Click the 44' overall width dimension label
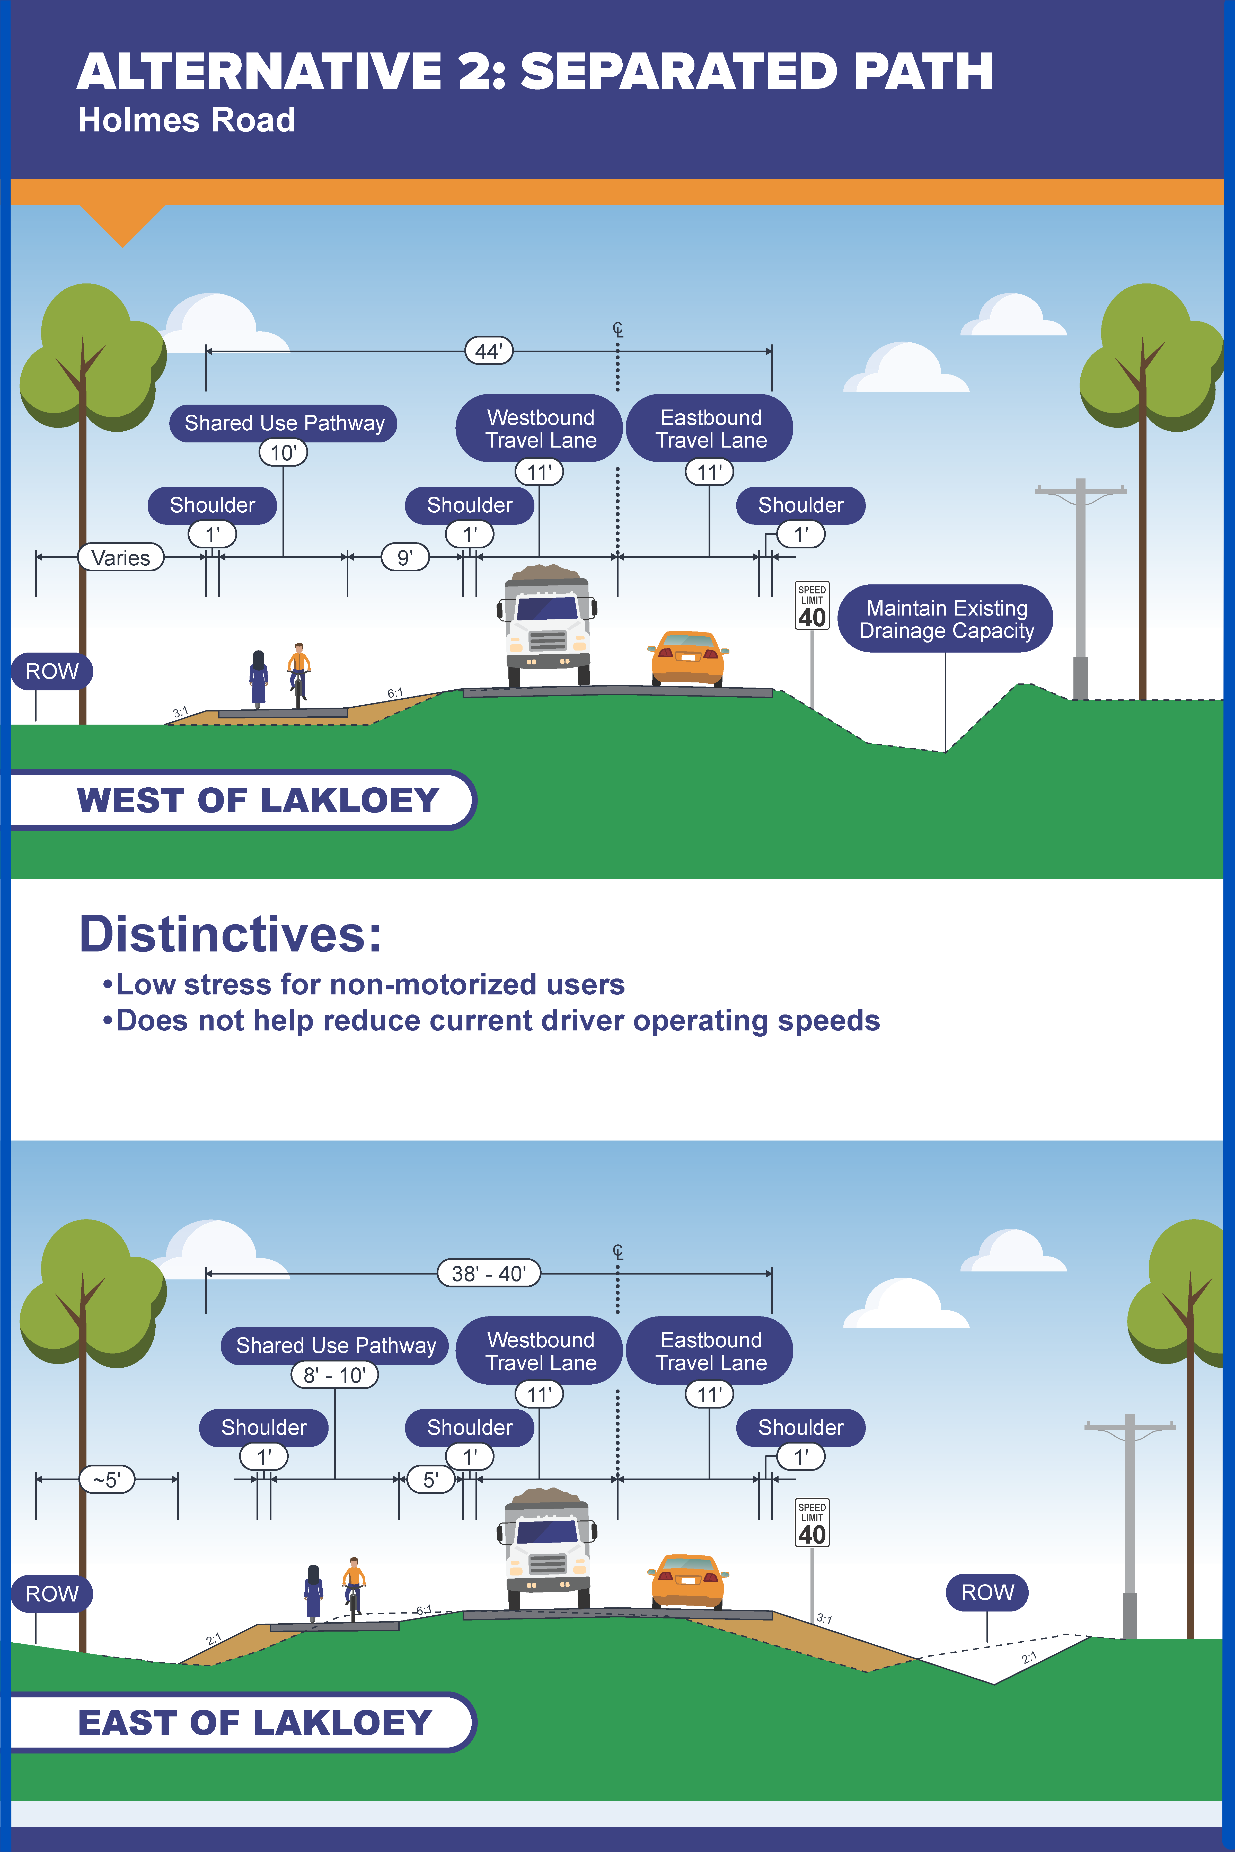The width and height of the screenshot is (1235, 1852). [488, 351]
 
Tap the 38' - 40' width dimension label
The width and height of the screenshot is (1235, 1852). [488, 1273]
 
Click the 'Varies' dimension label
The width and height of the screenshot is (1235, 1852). [120, 557]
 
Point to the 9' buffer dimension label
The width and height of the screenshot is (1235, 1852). [405, 557]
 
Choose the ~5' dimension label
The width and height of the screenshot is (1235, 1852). [107, 1480]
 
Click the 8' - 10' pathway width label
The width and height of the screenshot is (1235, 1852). [335, 1375]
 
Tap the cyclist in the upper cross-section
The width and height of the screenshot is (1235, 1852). [298, 673]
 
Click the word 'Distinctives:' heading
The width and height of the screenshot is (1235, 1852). [230, 935]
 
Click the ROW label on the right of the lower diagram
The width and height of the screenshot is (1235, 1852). [988, 1592]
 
